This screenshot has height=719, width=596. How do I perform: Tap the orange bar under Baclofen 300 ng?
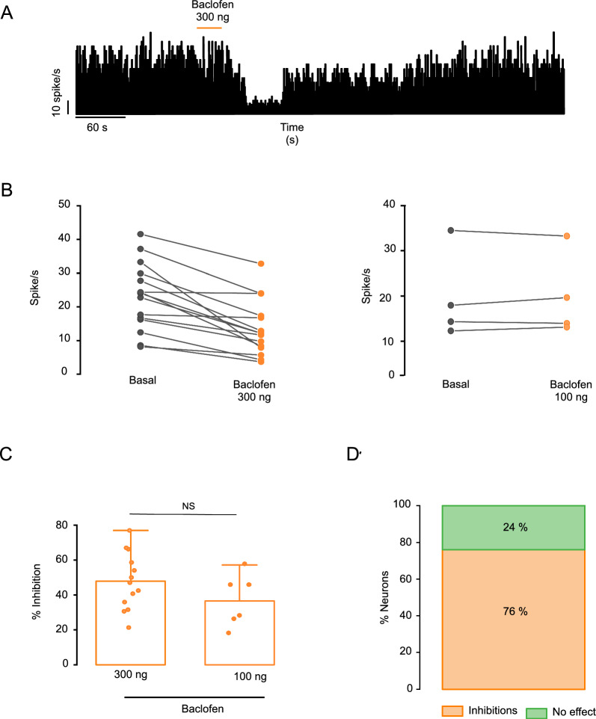[209, 28]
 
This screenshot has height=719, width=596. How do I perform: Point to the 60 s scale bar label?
[97, 128]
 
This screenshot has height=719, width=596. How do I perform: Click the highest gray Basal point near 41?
[141, 235]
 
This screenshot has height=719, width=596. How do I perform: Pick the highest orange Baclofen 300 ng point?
[262, 264]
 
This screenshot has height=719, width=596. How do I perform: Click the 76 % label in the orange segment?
[514, 611]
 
